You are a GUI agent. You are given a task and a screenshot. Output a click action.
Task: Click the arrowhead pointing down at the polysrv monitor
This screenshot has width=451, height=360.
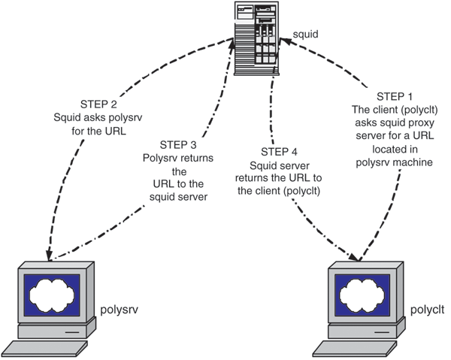tap(50, 256)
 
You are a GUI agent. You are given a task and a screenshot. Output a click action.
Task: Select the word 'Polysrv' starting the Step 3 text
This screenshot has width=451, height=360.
tap(161, 158)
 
